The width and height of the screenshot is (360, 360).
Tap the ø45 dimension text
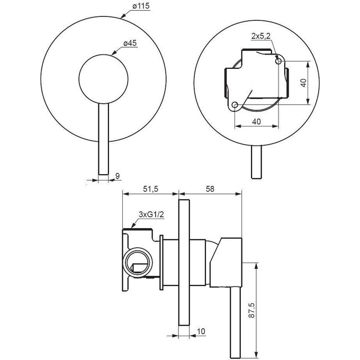(130, 43)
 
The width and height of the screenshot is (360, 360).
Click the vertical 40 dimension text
(302, 83)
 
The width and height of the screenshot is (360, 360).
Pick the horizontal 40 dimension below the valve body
(256, 121)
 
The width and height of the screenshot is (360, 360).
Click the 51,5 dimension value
(151, 188)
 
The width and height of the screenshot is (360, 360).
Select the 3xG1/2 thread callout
(150, 214)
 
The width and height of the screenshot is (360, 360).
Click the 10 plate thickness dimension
(201, 331)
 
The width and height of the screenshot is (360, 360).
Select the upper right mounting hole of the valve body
(278, 61)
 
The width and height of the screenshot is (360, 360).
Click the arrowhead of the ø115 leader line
(121, 17)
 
